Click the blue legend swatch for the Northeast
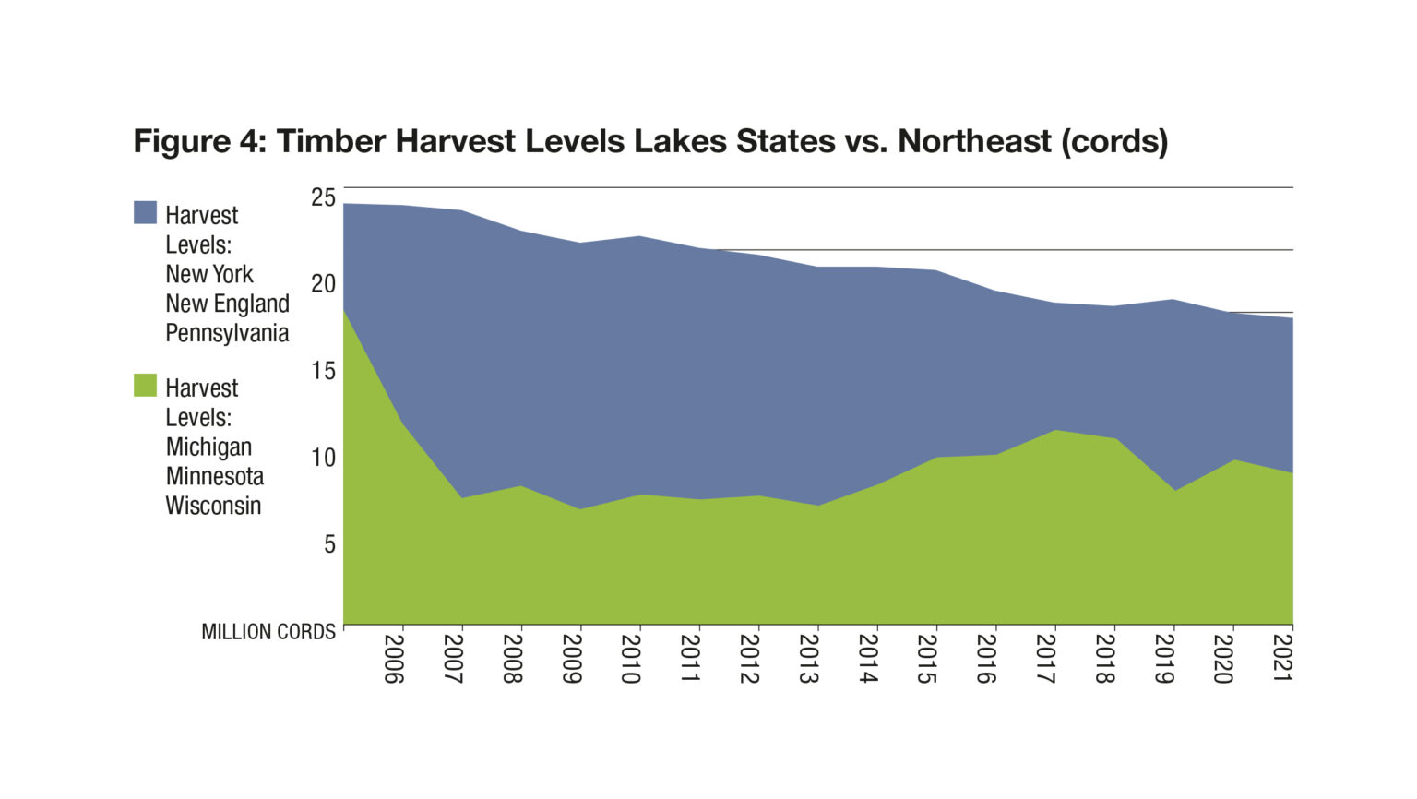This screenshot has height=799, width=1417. pyautogui.click(x=145, y=212)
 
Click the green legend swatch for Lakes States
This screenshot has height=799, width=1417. pyautogui.click(x=145, y=385)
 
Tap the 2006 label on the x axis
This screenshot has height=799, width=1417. pyautogui.click(x=393, y=658)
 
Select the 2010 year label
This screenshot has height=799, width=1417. pyautogui.click(x=630, y=658)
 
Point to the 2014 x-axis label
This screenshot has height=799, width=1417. pyautogui.click(x=867, y=658)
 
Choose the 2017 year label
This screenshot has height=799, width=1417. pyautogui.click(x=1045, y=658)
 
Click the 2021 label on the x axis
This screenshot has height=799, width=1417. pyautogui.click(x=1282, y=658)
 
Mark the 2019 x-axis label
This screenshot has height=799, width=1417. pyautogui.click(x=1163, y=658)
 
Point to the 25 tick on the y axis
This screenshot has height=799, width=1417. pyautogui.click(x=323, y=197)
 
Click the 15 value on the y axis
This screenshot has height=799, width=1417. pyautogui.click(x=323, y=371)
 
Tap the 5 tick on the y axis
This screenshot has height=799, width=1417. pyautogui.click(x=329, y=544)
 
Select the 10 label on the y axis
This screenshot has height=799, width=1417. pyautogui.click(x=323, y=458)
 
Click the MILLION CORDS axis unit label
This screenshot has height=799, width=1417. pyautogui.click(x=268, y=632)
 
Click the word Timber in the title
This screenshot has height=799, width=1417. pyautogui.click(x=331, y=141)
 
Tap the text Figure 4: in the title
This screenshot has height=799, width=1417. pyautogui.click(x=200, y=141)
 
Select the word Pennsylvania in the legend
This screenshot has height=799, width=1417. pyautogui.click(x=227, y=333)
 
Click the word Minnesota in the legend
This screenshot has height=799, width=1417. pyautogui.click(x=215, y=476)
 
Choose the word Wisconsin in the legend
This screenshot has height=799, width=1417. pyautogui.click(x=213, y=506)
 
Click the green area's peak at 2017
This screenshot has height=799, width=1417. pyautogui.click(x=1055, y=431)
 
